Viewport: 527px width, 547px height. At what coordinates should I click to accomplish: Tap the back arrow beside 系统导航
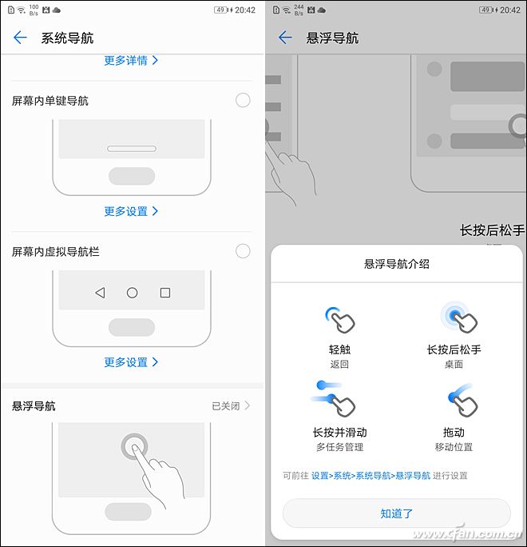pos(20,38)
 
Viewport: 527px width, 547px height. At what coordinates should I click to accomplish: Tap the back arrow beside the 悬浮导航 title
pos(285,38)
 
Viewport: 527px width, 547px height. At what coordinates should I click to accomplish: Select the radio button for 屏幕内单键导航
pos(243,101)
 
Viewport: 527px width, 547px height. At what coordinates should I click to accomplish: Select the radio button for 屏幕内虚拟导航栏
pos(243,251)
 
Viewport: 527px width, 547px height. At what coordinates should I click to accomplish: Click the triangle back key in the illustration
pos(101,293)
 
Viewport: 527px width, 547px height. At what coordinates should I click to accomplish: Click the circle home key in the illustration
pos(132,293)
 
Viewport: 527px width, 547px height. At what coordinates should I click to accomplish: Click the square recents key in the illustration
pos(165,293)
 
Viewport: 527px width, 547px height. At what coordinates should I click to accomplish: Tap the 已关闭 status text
pos(226,405)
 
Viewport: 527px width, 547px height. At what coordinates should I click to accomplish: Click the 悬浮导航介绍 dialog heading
pos(396,264)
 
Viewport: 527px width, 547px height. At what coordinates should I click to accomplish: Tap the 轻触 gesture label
pos(339,349)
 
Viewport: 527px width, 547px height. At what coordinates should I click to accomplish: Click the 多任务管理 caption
pos(339,447)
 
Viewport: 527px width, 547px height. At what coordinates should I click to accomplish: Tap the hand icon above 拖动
pos(462,401)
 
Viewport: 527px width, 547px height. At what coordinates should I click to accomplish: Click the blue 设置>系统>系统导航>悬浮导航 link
pos(370,476)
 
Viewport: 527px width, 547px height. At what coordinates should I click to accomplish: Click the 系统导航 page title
pos(67,38)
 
